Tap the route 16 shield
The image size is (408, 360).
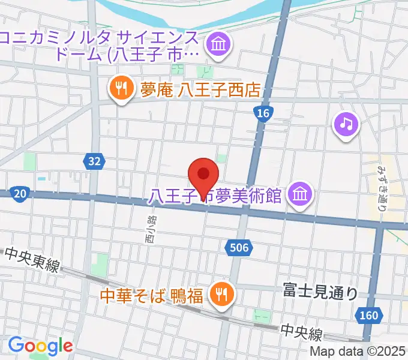tap(262, 113)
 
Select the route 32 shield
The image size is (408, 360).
tap(94, 161)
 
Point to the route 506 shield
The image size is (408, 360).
tap(241, 247)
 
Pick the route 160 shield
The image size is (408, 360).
tap(370, 314)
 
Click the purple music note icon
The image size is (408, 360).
tap(346, 124)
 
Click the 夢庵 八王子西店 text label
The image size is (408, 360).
tap(200, 90)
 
